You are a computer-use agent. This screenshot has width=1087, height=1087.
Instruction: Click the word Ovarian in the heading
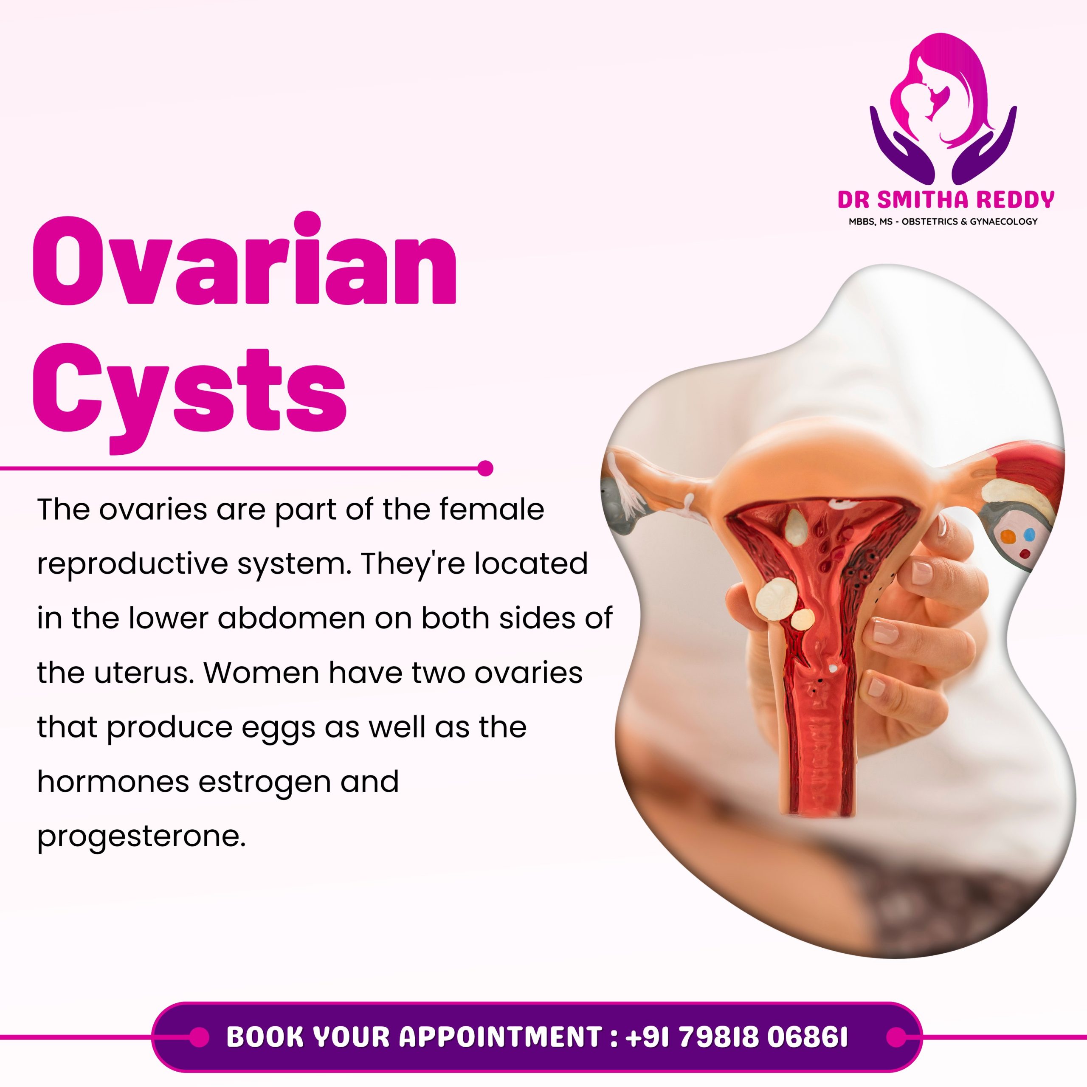(x=244, y=260)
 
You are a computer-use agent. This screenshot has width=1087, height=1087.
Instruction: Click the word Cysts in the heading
(x=190, y=397)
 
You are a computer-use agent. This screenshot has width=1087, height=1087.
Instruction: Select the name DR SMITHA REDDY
(x=946, y=200)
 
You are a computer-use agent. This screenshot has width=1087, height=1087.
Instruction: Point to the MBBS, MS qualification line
(x=943, y=222)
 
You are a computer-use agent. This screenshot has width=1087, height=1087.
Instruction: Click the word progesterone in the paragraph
(x=141, y=838)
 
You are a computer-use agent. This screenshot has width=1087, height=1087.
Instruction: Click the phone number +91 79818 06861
(x=736, y=1037)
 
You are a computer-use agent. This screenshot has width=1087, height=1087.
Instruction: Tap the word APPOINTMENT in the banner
(x=501, y=1037)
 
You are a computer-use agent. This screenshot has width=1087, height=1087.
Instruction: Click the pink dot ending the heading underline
(x=485, y=468)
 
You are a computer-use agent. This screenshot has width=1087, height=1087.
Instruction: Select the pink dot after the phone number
(x=896, y=1037)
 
